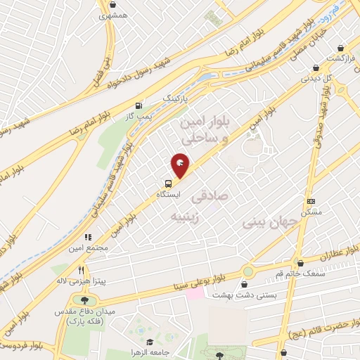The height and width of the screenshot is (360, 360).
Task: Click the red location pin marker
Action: pyautogui.click(x=181, y=165)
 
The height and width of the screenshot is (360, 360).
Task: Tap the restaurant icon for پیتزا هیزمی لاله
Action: pyautogui.click(x=81, y=271)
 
